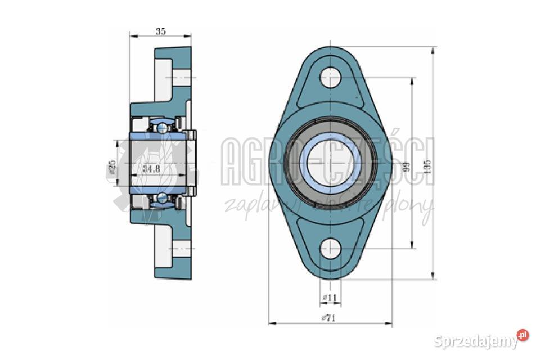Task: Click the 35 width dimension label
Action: coord(160,31)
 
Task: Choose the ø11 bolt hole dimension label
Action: coord(330,297)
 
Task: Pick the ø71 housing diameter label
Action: coord(328,318)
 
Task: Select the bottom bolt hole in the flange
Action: coord(331,248)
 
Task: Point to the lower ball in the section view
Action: coord(163,197)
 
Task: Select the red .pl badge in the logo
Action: coord(523,335)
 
